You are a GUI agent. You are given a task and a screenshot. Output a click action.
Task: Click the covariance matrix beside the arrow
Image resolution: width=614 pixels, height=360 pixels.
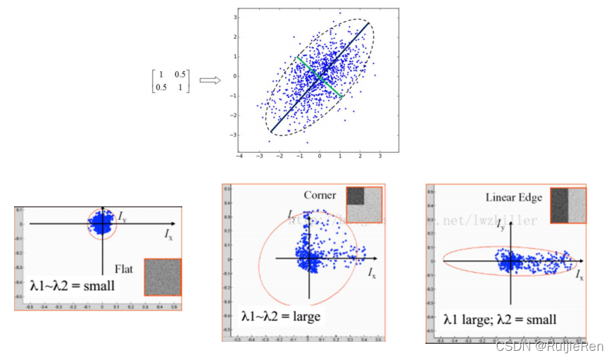169,80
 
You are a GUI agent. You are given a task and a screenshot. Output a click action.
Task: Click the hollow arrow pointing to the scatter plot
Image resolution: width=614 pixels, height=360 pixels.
210,80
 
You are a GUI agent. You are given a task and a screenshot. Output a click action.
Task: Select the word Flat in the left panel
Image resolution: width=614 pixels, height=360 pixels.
124,268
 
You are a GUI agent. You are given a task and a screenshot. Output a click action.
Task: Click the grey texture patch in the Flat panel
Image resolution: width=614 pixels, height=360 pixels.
163,277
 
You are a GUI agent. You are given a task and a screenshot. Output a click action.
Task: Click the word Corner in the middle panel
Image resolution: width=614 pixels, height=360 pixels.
320,194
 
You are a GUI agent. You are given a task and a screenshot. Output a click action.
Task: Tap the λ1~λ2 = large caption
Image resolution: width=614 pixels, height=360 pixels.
280,316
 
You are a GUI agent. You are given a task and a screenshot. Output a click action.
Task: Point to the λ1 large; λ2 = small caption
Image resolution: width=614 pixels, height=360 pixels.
500,319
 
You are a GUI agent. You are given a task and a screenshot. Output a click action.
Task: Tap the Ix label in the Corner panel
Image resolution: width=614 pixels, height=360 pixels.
372,271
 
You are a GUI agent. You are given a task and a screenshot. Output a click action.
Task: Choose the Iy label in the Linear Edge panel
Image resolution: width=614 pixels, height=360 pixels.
500,227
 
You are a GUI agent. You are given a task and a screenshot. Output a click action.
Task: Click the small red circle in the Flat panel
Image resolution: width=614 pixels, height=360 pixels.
103,224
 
